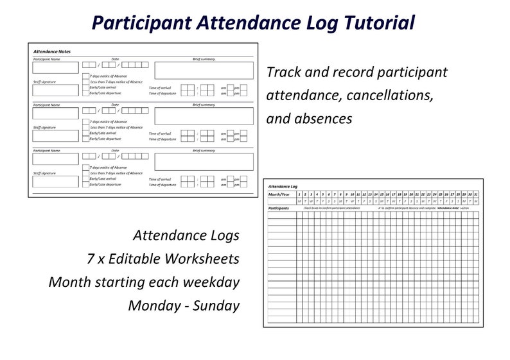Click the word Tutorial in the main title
click(x=373, y=22)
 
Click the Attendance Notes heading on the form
click(x=52, y=51)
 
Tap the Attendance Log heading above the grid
click(x=283, y=186)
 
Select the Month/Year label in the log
click(x=279, y=194)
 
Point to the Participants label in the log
click(x=278, y=208)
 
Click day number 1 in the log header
click(x=299, y=194)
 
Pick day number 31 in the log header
click(x=475, y=194)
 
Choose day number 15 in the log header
click(x=382, y=194)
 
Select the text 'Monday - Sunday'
click(x=184, y=305)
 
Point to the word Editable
click(x=135, y=259)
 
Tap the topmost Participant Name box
click(x=55, y=67)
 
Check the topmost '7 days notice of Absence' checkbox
click(x=85, y=76)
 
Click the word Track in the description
click(x=283, y=73)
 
